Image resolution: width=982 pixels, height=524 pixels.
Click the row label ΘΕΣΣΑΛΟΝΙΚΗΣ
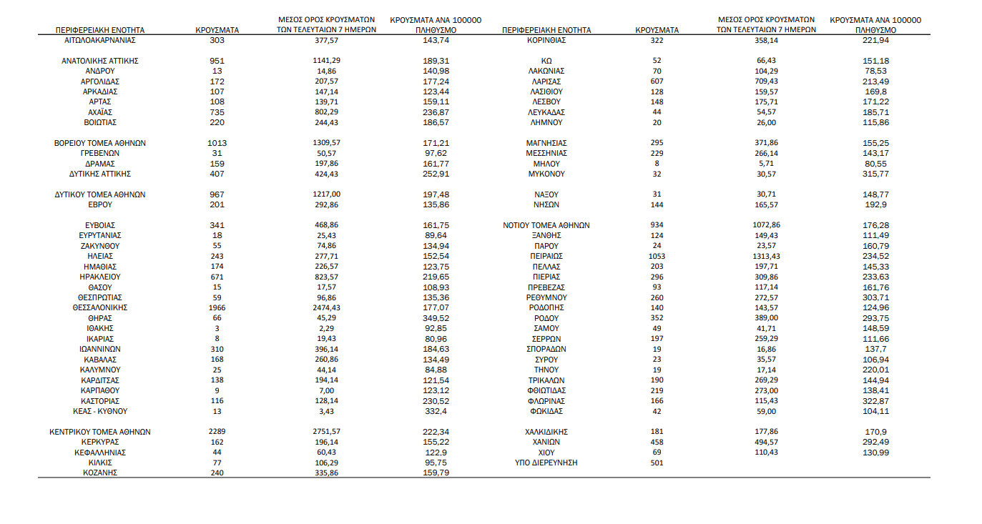point(99,307)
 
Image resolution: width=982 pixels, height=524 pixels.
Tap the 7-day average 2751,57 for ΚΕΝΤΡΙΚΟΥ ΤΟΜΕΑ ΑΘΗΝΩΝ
point(326,432)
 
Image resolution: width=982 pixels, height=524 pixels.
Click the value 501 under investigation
point(657,463)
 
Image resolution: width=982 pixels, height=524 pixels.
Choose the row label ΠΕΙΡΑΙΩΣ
point(546,256)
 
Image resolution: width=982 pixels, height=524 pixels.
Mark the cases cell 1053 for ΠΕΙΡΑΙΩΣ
point(657,256)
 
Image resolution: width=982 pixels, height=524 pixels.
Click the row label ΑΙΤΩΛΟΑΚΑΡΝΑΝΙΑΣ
point(99,41)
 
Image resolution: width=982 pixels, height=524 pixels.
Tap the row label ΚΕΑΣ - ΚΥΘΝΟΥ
point(99,411)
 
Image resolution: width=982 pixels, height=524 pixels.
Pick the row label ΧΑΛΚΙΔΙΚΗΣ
point(546,432)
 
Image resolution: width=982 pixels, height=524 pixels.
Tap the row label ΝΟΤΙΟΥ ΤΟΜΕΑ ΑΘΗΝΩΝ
point(546,225)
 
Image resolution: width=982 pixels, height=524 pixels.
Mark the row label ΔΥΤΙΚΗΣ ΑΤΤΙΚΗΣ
point(99,174)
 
